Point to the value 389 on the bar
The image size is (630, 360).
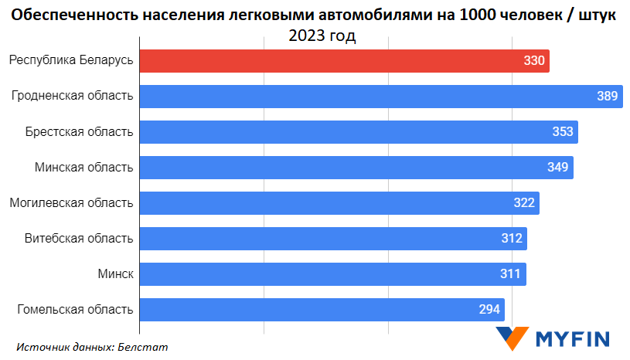tap(607, 96)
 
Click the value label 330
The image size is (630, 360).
tap(534, 60)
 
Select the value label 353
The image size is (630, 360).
tap(563, 131)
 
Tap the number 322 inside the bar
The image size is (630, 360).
tap(524, 202)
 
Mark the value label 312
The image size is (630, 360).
tap(512, 238)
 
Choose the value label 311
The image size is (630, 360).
tap(511, 273)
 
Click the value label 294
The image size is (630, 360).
tap(489, 310)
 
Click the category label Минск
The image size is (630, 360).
tap(115, 273)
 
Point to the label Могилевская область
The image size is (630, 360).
tap(71, 202)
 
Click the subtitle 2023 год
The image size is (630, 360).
tap(322, 36)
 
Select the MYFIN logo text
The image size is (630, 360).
tap(573, 338)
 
